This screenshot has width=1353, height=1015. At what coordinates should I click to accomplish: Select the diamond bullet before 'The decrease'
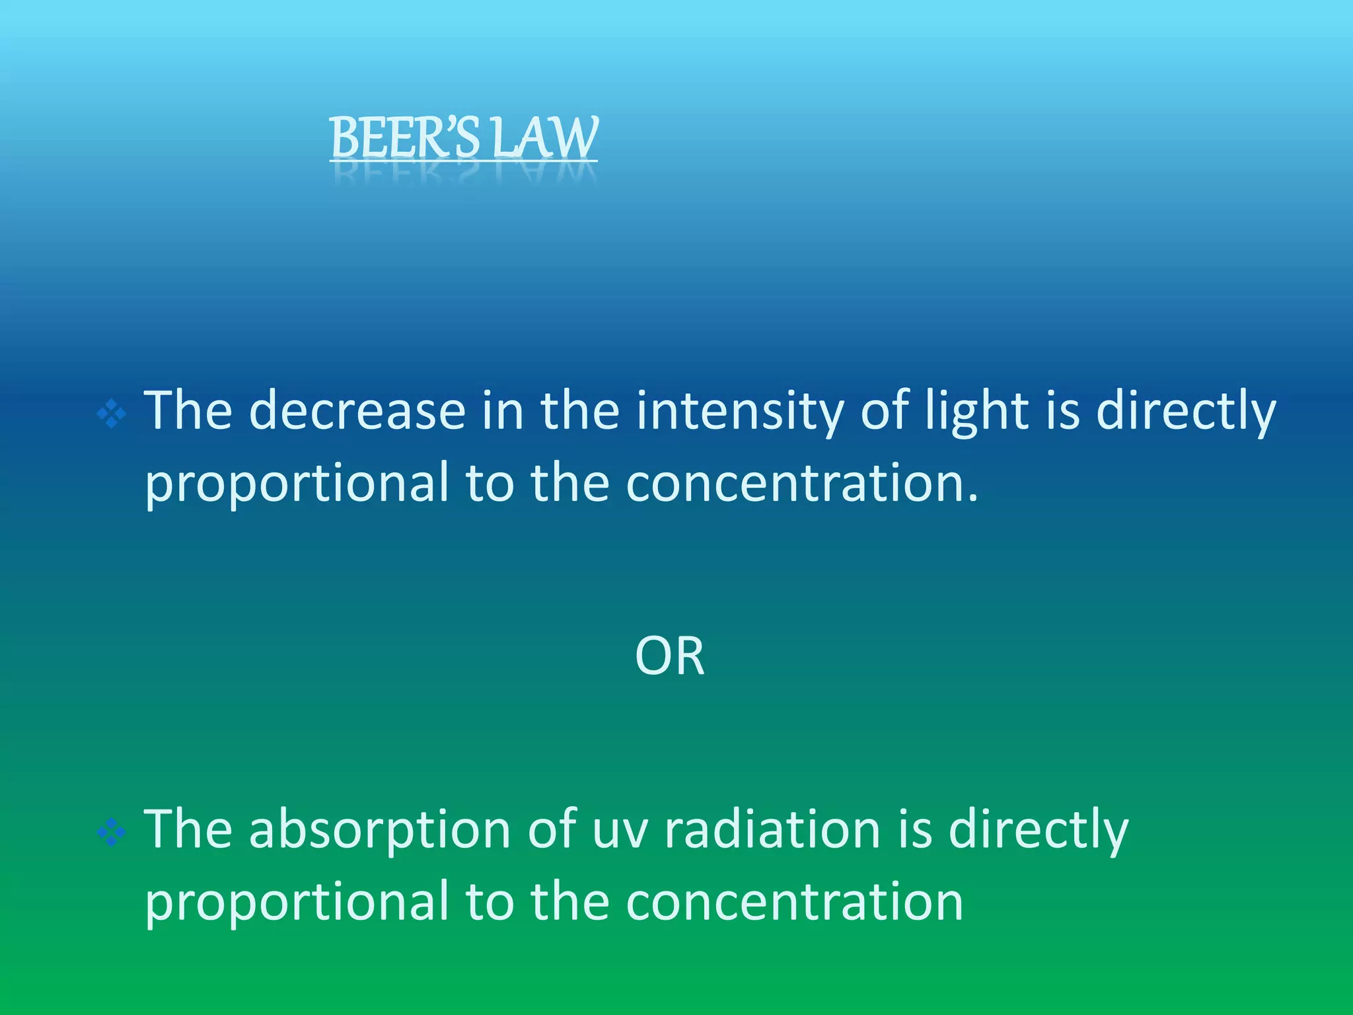coord(111,414)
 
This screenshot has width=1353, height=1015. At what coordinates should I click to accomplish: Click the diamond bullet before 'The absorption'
coord(111,833)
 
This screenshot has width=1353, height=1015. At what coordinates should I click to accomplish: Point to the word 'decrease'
coord(357,411)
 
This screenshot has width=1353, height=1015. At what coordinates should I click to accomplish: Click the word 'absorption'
coord(380,831)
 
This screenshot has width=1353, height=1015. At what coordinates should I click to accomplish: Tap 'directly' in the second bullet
coord(1038,831)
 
